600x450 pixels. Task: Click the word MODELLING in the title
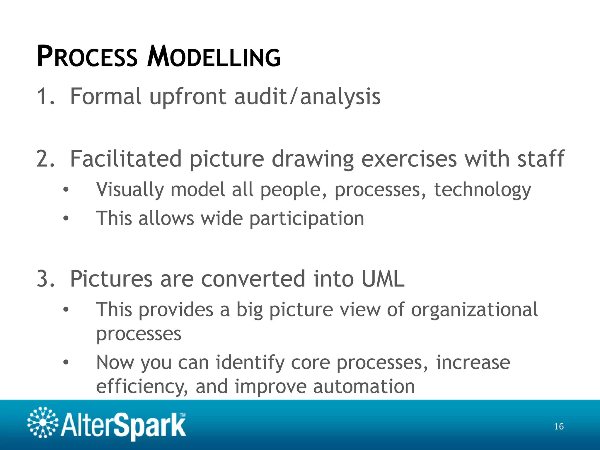point(214,57)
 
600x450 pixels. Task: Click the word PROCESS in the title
point(87,57)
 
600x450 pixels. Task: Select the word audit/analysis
point(307,97)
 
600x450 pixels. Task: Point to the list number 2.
point(45,159)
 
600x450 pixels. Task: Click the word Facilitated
point(126,159)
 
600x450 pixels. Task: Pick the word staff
point(541,159)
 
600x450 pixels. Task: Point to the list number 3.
point(45,279)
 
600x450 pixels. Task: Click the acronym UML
point(383,279)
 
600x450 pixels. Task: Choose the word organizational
point(474,310)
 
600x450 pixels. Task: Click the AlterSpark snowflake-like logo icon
point(43,422)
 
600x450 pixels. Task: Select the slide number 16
point(559,427)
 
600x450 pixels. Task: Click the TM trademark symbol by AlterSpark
point(183,415)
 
